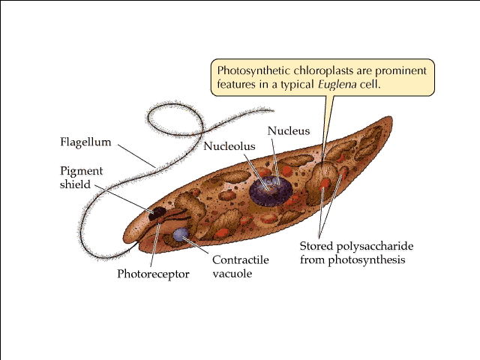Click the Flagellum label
(85, 142)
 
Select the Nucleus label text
(289, 130)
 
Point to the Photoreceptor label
(153, 274)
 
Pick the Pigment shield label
(81, 177)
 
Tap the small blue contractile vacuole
(180, 235)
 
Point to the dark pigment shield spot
(158, 214)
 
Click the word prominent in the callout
(400, 70)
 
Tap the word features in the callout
(238, 84)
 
